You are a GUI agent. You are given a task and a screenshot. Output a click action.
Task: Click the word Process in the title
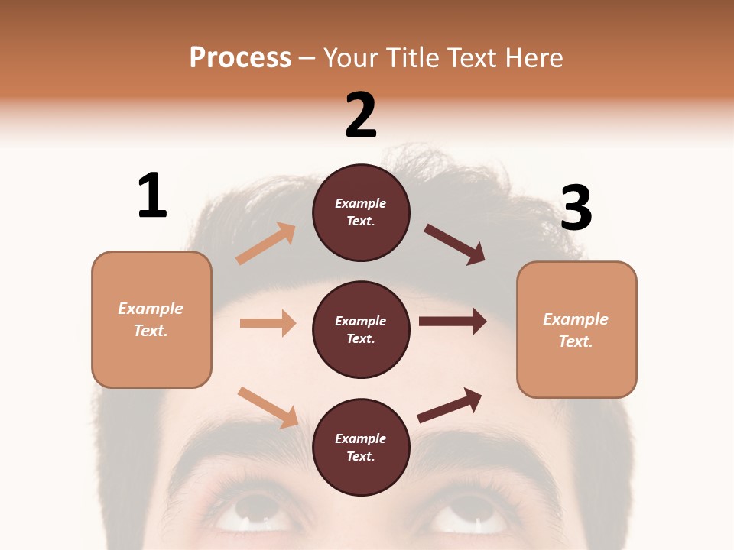(240, 57)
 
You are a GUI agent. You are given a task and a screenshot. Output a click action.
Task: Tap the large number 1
(151, 196)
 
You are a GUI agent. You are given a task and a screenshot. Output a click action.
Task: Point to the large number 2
(361, 115)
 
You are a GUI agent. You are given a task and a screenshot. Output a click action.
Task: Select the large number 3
(576, 208)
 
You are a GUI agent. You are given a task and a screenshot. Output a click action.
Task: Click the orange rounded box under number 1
(151, 319)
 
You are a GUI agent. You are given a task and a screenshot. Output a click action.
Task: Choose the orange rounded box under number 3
(576, 329)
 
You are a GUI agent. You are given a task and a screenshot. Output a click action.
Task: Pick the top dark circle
(361, 212)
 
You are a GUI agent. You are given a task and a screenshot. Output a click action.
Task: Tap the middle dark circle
(361, 329)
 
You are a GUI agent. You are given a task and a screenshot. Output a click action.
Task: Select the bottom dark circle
(361, 447)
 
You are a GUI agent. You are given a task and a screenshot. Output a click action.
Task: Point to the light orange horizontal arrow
(268, 323)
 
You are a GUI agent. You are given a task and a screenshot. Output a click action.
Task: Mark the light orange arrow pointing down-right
(268, 407)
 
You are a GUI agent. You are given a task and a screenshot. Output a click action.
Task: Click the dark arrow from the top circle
(455, 244)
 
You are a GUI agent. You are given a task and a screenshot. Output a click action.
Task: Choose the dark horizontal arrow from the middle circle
(453, 322)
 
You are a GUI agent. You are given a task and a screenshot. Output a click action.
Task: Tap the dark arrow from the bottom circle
(450, 405)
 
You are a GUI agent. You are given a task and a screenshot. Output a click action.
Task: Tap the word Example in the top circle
(361, 203)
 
